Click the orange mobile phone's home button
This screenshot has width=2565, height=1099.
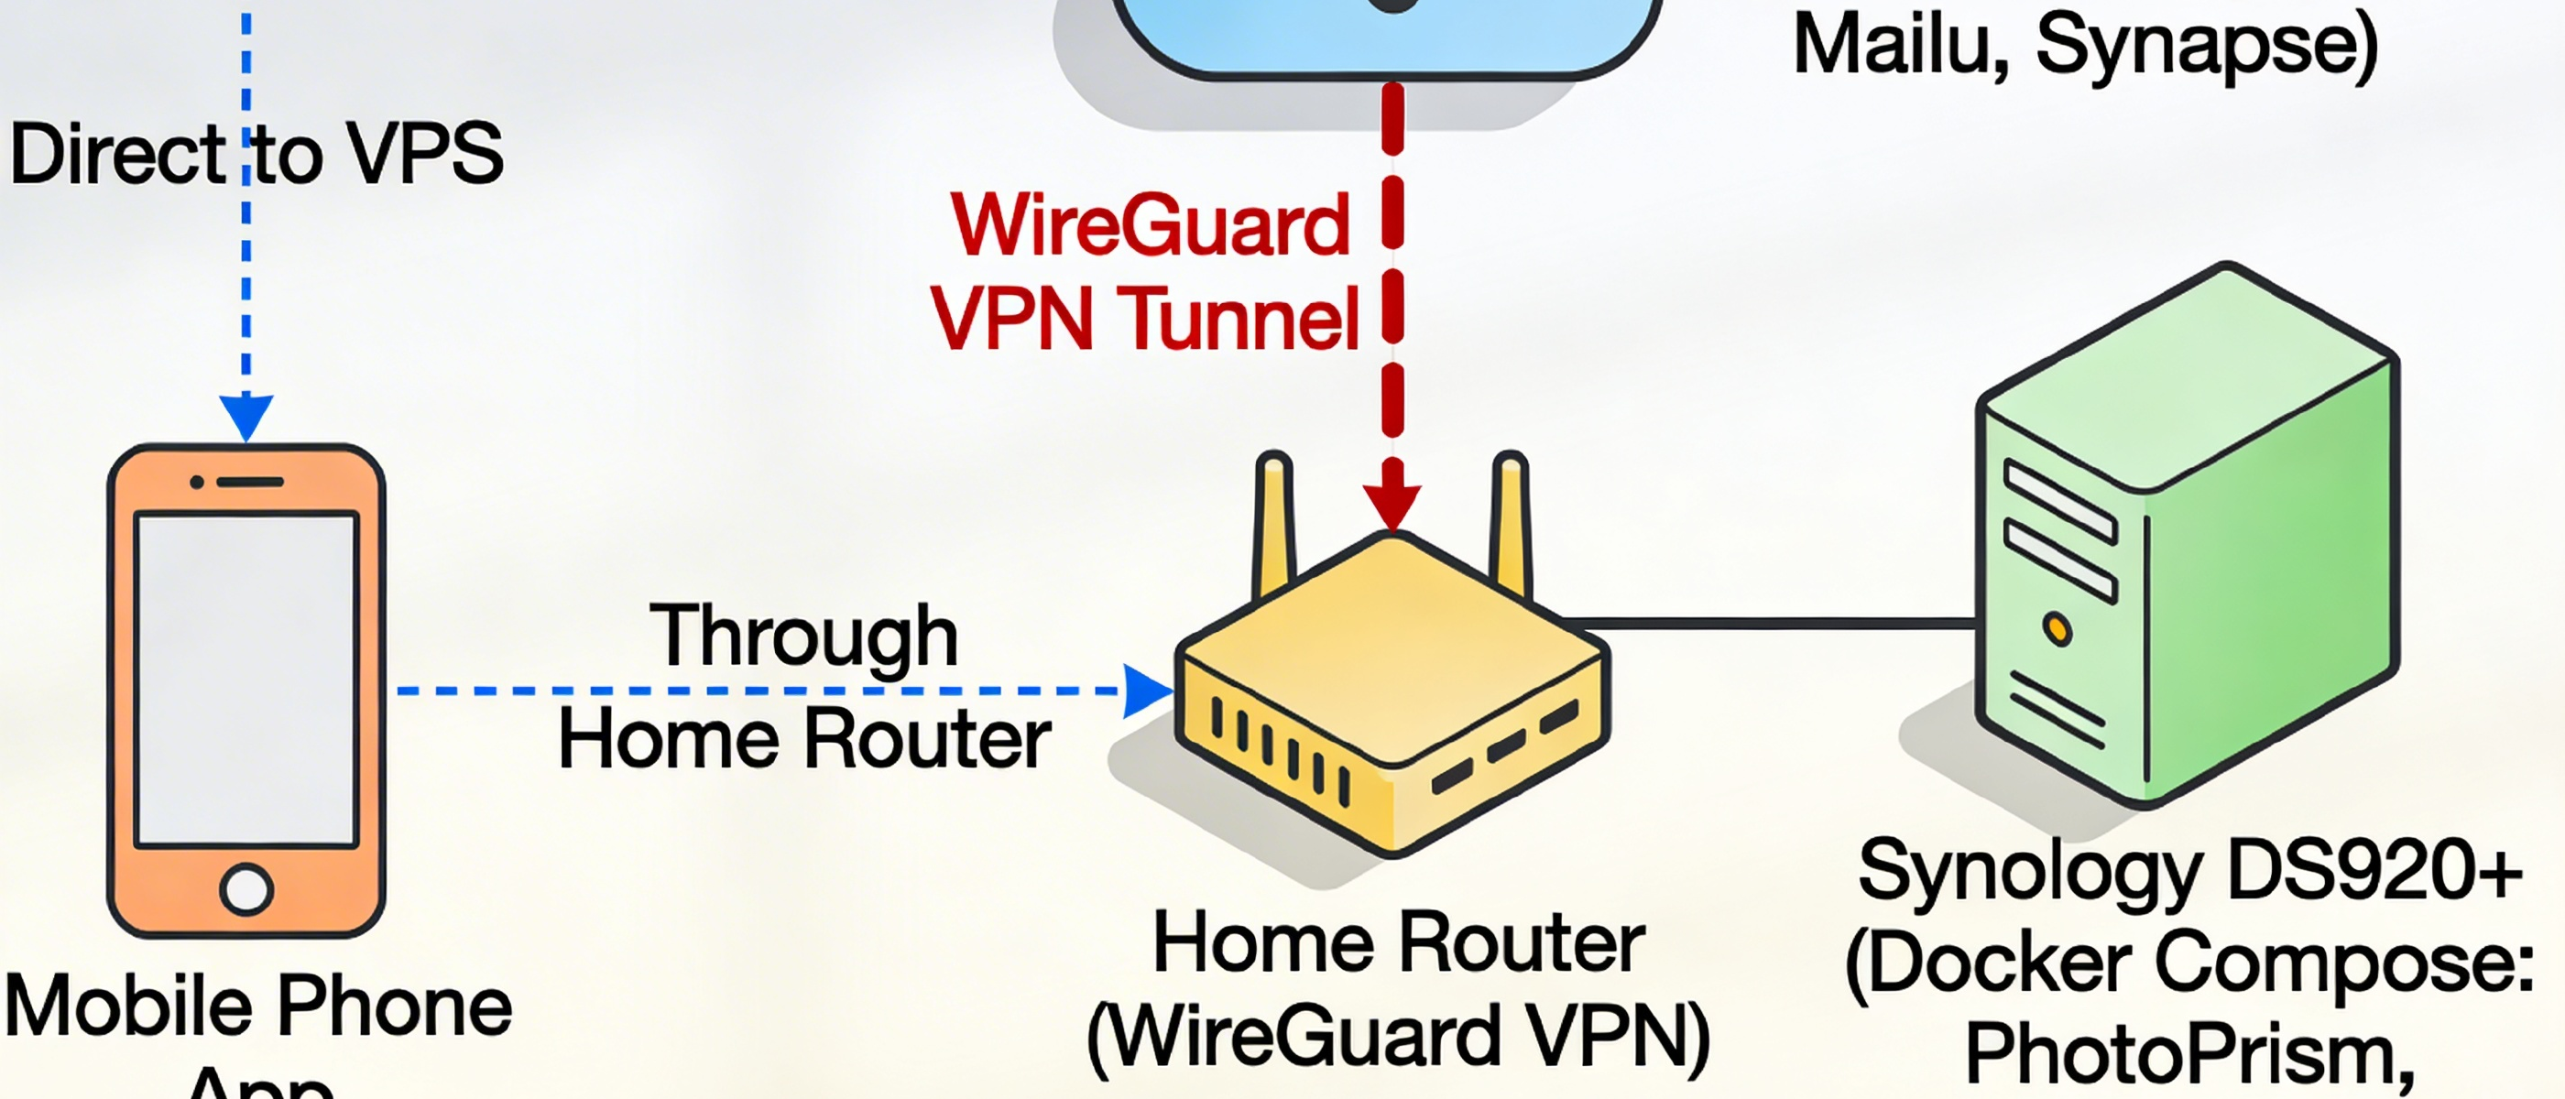click(246, 888)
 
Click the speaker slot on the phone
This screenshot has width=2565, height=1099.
click(250, 482)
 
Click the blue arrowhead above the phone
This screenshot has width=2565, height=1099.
click(246, 415)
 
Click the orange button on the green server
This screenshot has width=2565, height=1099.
click(2057, 629)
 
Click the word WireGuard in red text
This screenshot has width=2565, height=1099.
click(1150, 226)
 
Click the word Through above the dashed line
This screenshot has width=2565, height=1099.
click(803, 637)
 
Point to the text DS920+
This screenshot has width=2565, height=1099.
click(2374, 870)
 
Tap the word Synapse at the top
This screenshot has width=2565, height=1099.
click(2207, 46)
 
